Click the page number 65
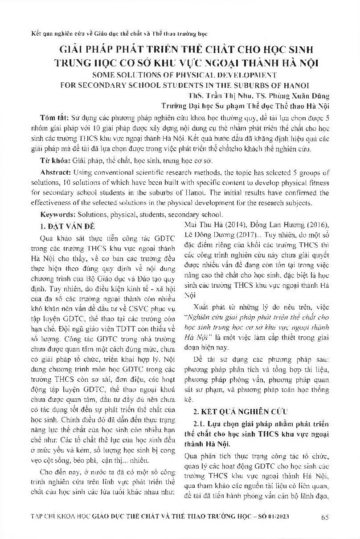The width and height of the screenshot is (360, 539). [324, 517]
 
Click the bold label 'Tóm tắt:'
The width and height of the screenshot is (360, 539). [53, 118]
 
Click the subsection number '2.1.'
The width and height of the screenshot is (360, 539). [199, 423]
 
